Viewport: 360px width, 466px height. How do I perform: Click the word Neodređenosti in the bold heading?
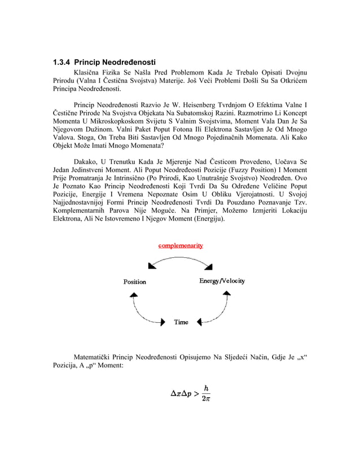[130, 61]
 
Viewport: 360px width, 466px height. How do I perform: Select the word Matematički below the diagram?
[94, 357]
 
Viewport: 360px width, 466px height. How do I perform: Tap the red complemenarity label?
[181, 245]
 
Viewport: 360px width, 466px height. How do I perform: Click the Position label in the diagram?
[135, 282]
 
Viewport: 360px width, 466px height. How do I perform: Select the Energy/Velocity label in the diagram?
[222, 281]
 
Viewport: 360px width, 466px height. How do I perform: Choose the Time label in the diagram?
[181, 322]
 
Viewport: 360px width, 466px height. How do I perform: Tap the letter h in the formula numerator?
[207, 388]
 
